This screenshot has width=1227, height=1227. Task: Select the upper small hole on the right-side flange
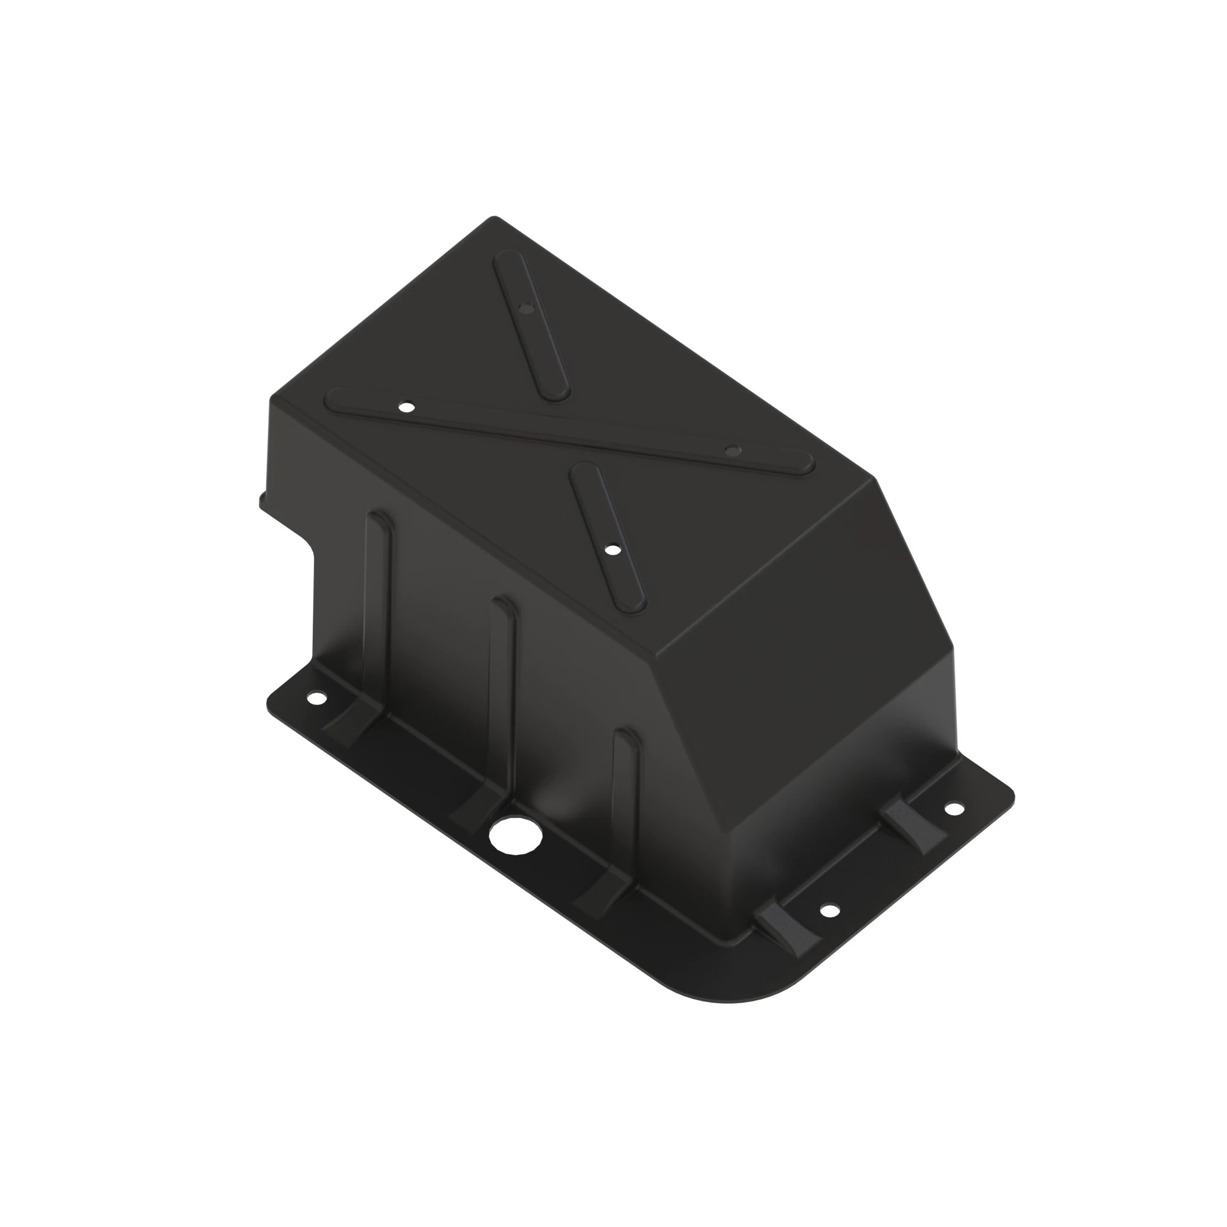tap(953, 809)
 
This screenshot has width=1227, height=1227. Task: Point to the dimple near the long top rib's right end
tap(733, 450)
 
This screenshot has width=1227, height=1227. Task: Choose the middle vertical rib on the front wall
tap(503, 680)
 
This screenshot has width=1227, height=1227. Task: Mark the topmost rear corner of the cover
tap(494, 218)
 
